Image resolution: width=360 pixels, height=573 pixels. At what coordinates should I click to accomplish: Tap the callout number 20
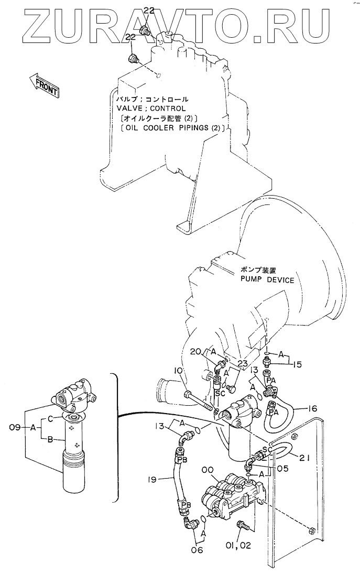pos(195,351)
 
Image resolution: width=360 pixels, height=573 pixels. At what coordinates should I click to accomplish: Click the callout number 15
pos(297,363)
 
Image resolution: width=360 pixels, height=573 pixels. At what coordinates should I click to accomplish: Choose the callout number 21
pos(305,457)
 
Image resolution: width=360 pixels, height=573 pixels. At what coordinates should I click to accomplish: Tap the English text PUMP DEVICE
pos(267,280)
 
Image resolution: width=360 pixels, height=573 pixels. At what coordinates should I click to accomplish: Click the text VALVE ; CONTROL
pos(151,109)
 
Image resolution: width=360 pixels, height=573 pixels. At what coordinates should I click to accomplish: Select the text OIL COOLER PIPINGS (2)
pos(171,127)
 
